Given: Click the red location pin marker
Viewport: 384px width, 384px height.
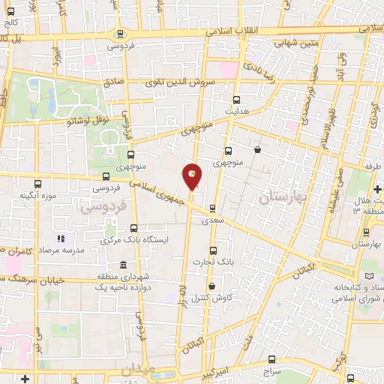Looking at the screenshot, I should pos(193,175).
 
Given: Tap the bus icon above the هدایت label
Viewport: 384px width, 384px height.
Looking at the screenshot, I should pos(237,100).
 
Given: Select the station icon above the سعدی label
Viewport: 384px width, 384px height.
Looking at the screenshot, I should pos(212,209).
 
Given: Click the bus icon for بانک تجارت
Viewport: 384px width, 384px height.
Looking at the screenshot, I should pos(213,250).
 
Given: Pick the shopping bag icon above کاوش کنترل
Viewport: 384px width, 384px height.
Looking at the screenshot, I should pos(211,286).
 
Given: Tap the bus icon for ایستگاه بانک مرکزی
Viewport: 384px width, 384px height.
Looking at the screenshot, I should pos(134,227).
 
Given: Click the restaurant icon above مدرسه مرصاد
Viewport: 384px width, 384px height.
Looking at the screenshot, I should pos(62,238).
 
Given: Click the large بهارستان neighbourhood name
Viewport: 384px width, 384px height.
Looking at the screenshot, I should pos(279,198).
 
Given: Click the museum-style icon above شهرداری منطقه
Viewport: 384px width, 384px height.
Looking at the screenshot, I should pos(123,265).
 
